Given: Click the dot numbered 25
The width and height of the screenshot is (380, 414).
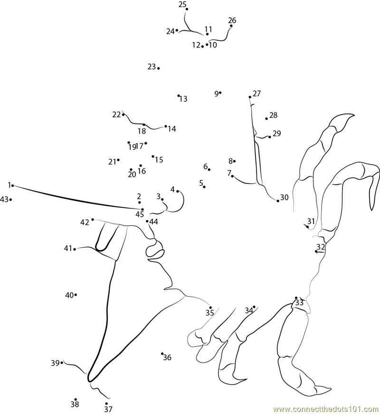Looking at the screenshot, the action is [x=187, y=9].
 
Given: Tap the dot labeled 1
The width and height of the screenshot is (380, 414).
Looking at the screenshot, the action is [x=12, y=186].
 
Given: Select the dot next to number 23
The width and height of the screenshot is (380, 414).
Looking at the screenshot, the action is [x=158, y=68].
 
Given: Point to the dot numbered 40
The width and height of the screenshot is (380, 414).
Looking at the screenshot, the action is [x=76, y=295].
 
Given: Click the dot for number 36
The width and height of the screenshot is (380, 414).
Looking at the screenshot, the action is [x=162, y=354].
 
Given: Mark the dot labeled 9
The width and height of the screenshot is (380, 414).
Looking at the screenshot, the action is [x=220, y=92].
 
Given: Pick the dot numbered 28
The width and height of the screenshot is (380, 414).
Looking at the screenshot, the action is [x=266, y=118].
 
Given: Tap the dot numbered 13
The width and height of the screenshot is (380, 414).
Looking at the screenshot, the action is [x=179, y=96].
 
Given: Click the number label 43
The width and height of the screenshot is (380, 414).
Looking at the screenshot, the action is [x=4, y=199].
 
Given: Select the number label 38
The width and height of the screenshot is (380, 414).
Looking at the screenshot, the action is [x=75, y=404].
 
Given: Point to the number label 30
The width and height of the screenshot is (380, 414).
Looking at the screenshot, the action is [x=284, y=197].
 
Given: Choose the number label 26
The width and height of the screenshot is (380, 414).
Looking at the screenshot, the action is [x=232, y=20].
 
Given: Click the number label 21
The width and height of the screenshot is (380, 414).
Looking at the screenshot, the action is [x=112, y=162].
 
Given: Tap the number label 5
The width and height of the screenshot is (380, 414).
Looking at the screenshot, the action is [x=201, y=183].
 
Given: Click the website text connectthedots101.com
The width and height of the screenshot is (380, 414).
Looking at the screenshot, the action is [x=326, y=409].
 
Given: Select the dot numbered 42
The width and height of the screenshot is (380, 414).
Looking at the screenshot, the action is [x=93, y=220].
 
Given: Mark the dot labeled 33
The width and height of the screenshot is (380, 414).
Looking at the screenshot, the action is [x=296, y=298].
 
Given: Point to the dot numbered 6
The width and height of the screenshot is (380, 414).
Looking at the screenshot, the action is [x=209, y=170].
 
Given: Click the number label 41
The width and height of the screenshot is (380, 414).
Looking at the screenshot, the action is [x=68, y=249].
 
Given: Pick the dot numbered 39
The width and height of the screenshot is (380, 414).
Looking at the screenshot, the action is [x=62, y=363].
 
